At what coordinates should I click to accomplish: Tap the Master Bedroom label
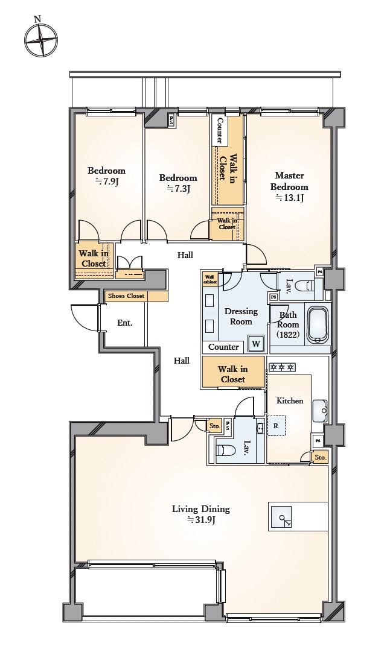(x=289, y=181)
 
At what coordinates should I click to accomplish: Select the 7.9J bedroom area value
(x=106, y=182)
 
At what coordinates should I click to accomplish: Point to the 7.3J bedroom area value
(x=178, y=189)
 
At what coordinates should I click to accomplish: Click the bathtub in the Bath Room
(x=319, y=325)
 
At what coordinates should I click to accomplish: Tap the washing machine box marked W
(x=256, y=344)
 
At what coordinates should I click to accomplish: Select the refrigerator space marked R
(x=276, y=426)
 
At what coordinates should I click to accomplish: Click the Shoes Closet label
(x=126, y=296)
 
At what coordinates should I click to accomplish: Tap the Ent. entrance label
(x=125, y=323)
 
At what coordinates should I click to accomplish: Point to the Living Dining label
(x=201, y=509)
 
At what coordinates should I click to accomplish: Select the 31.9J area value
(x=201, y=520)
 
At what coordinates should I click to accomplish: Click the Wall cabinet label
(x=209, y=279)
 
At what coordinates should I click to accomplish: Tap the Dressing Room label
(x=241, y=316)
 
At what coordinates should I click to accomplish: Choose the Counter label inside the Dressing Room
(x=224, y=347)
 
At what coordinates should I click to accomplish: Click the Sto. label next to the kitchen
(x=321, y=457)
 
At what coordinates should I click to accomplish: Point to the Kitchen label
(x=290, y=400)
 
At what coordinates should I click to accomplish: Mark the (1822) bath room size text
(x=289, y=335)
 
